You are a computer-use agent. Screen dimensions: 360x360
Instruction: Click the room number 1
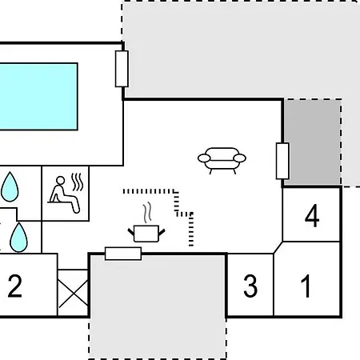(x=306, y=286)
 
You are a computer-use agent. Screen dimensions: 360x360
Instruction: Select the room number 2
(x=15, y=286)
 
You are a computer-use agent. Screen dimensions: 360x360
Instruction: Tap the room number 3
(x=250, y=286)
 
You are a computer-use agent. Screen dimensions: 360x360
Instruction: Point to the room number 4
(x=312, y=216)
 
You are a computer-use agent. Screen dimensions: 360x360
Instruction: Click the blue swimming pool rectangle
(x=38, y=97)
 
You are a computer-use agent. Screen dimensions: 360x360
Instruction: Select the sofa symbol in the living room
(x=222, y=161)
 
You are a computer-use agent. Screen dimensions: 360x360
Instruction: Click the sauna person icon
(x=64, y=194)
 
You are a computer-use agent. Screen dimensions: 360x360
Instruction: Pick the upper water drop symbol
(x=10, y=186)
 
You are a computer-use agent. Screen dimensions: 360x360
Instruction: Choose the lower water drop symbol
(x=18, y=238)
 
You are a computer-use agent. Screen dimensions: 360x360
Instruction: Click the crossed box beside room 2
(x=73, y=293)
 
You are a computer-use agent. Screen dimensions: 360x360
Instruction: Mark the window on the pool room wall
(x=122, y=69)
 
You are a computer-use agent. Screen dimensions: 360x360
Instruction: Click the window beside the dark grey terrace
(x=282, y=161)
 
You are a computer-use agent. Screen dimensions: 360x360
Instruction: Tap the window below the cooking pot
(x=123, y=254)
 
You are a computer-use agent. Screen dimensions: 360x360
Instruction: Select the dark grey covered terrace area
(x=312, y=142)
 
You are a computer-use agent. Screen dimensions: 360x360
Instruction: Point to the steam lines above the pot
(x=147, y=212)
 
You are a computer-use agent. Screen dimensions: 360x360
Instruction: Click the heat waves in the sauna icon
(x=78, y=182)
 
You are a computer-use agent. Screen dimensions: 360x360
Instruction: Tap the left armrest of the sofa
(x=204, y=158)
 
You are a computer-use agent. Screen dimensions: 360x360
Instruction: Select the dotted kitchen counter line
(x=176, y=202)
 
